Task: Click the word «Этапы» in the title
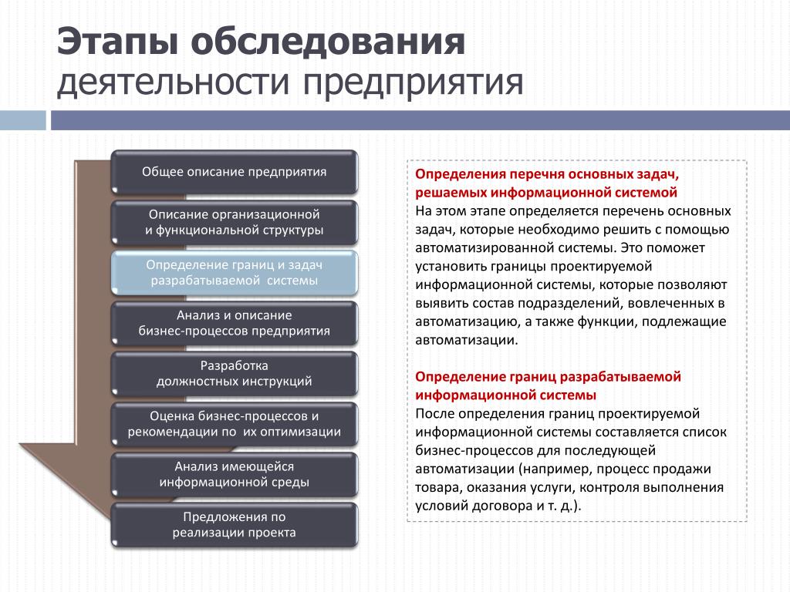117,42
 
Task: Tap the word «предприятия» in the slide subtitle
413,82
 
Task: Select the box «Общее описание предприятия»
235,172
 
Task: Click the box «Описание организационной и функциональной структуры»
235,222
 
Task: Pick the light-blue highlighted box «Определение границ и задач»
235,272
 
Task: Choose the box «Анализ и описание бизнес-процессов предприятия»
235,323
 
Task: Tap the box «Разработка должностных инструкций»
235,374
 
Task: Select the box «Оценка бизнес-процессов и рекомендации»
235,424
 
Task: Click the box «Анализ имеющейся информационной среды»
235,474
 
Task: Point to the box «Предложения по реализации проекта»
235,524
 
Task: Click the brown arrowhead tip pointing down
110,519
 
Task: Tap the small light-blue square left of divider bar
22,120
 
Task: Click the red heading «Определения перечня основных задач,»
547,174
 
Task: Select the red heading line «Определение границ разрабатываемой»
548,376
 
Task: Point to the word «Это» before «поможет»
631,247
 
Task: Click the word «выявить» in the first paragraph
438,304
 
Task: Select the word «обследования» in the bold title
328,42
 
